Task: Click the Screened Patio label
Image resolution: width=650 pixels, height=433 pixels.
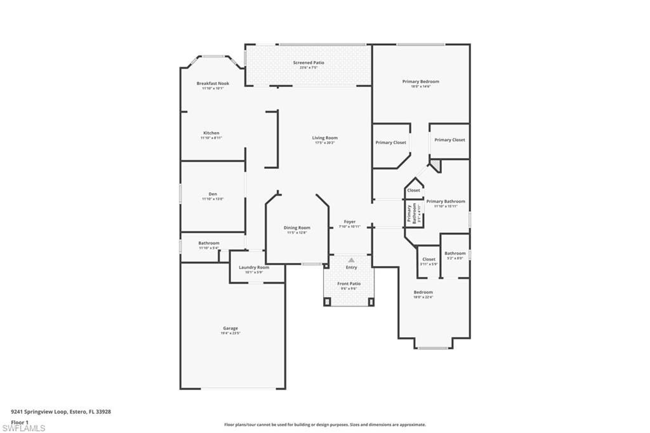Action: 308,63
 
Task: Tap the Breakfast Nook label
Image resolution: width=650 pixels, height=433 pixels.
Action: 213,83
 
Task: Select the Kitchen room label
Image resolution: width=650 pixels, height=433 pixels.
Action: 211,133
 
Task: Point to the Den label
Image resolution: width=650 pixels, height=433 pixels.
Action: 213,194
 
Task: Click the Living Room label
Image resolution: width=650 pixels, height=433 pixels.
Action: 324,138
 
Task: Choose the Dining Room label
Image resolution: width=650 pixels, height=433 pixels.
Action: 296,227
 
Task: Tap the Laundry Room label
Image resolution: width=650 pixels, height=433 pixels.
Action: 254,267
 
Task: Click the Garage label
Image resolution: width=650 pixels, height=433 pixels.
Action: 230,328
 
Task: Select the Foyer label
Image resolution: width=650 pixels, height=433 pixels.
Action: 349,222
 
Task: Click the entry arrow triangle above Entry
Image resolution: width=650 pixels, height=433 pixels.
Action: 351,260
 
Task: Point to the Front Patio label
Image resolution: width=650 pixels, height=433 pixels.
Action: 349,283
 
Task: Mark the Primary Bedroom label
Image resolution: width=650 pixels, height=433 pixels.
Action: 420,81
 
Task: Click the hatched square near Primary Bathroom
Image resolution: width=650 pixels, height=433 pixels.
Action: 435,165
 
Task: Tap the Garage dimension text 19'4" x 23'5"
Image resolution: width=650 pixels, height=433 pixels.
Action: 230,333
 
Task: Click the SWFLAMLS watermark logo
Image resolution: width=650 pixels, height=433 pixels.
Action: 24,428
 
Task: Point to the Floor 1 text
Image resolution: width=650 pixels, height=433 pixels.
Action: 20,422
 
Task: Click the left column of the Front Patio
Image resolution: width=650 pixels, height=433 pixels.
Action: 328,302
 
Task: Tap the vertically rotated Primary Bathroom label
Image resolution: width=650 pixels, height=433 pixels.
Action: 409,213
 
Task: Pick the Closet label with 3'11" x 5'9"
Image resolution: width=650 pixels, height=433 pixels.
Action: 429,259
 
